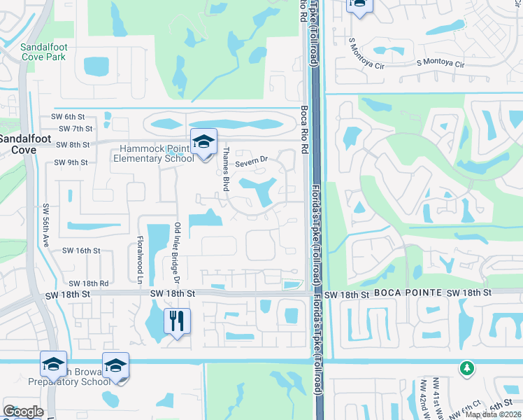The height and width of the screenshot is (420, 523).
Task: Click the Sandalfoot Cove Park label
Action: [43, 52]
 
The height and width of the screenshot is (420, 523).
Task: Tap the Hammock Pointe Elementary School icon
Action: [203, 142]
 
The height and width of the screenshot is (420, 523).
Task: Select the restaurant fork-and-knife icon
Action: [177, 321]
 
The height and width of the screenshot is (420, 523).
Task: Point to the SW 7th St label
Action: [76, 129]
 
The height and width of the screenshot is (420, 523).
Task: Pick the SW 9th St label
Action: [71, 162]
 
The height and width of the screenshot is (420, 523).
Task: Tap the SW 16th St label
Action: [81, 250]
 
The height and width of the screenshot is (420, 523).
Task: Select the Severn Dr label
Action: [251, 162]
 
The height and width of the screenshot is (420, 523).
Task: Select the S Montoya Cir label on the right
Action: [440, 64]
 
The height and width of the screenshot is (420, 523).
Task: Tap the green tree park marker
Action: [467, 368]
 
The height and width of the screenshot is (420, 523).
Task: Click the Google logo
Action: [23, 412]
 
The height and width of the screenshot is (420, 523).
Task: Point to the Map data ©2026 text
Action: [492, 414]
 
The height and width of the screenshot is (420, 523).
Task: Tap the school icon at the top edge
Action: [359, 4]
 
